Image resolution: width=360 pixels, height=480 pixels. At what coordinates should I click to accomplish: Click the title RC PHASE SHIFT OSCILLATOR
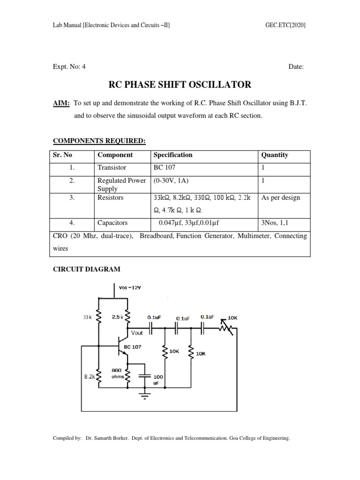[180, 85]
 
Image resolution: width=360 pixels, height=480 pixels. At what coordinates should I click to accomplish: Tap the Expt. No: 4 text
[69, 67]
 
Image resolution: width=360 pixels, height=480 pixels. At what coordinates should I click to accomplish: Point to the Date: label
[296, 67]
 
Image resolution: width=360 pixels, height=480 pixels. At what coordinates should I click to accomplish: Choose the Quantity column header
[275, 155]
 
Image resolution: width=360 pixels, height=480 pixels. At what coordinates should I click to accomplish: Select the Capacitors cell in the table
[112, 223]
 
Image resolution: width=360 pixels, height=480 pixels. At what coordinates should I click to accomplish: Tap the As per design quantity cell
[280, 198]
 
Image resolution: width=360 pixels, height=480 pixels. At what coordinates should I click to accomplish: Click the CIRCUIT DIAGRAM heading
[85, 270]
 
